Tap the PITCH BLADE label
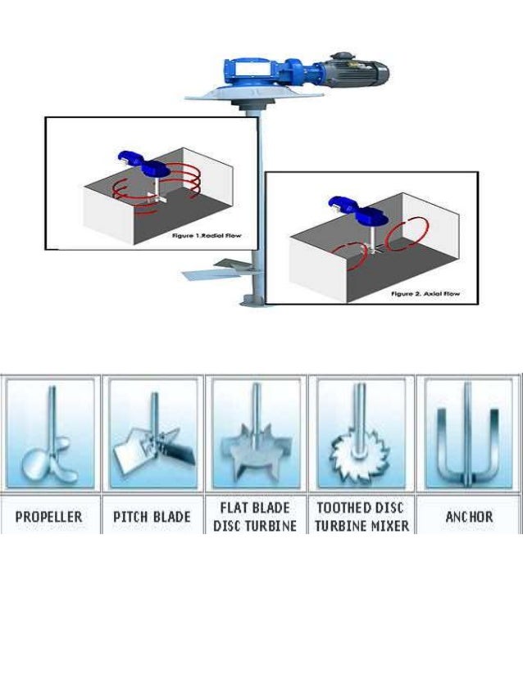152,517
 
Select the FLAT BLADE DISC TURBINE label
255,517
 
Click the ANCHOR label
468,517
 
